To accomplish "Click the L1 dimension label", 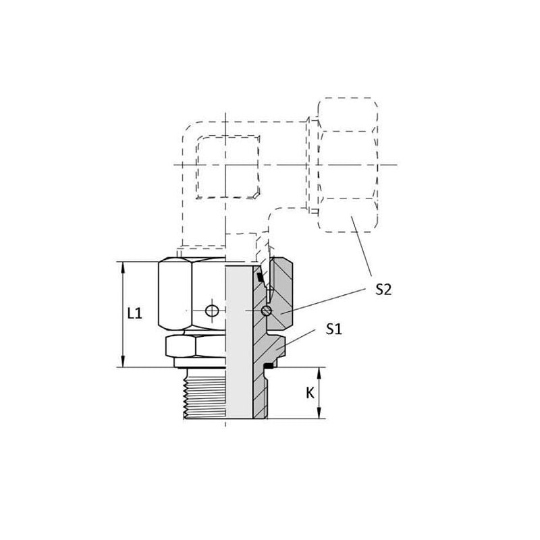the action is pos(134,314).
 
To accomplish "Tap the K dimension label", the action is pos(310,393).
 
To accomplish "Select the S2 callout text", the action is pos(383,290).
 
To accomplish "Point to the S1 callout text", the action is pos(333,329).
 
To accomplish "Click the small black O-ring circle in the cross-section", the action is pos(267,311).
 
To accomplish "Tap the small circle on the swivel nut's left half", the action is pos(212,310).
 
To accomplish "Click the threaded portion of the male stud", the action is pos(205,394).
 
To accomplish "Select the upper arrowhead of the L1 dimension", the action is pos(123,267).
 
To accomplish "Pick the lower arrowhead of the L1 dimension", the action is pos(123,362).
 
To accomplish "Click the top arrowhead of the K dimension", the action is pos(319,373).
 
